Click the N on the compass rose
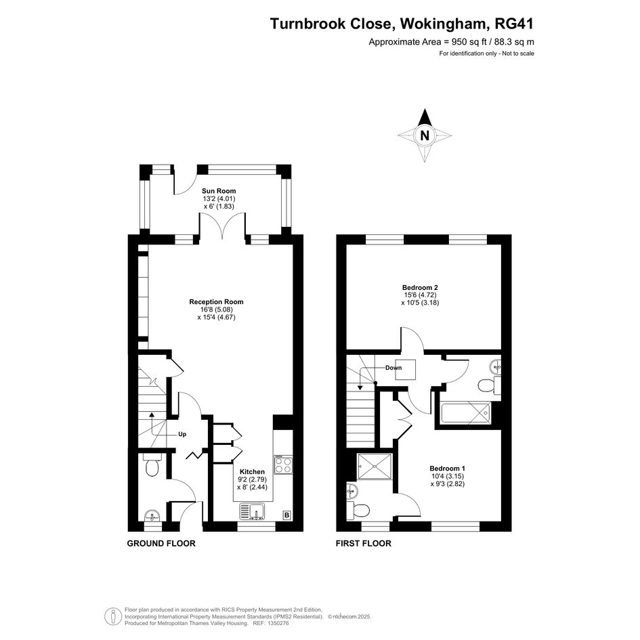click(x=425, y=135)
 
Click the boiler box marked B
click(x=286, y=515)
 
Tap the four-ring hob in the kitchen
click(x=283, y=465)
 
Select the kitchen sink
click(x=252, y=511)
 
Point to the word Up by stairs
click(x=182, y=434)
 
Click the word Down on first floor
click(x=393, y=368)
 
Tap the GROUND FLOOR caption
click(x=161, y=543)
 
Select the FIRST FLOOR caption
click(x=363, y=543)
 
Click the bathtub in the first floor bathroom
click(x=465, y=413)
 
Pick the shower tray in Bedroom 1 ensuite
click(x=375, y=466)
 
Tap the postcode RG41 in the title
click(x=514, y=24)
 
